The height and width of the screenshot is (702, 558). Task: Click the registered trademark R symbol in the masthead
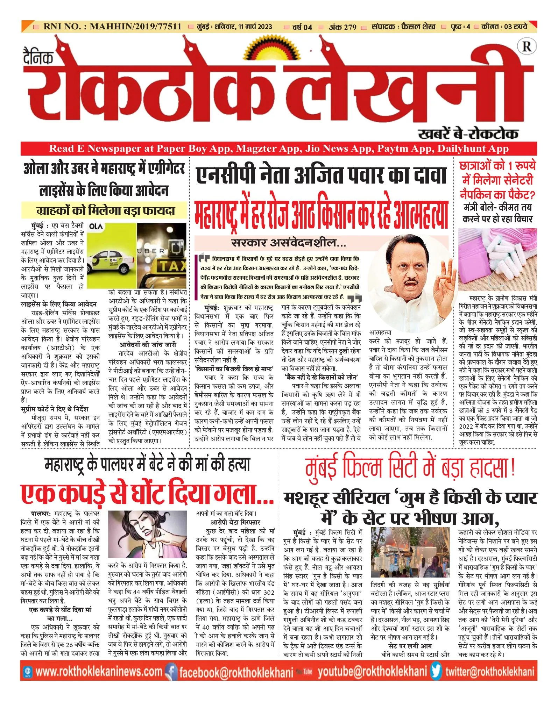pyautogui.click(x=527, y=46)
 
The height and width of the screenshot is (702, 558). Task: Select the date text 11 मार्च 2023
pyautogui.click(x=255, y=27)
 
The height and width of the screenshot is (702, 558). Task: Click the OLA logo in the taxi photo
pyautogui.click(x=96, y=227)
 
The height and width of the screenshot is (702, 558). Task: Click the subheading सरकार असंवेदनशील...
pyautogui.click(x=289, y=243)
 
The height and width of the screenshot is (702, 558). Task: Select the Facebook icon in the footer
pyautogui.click(x=171, y=671)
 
